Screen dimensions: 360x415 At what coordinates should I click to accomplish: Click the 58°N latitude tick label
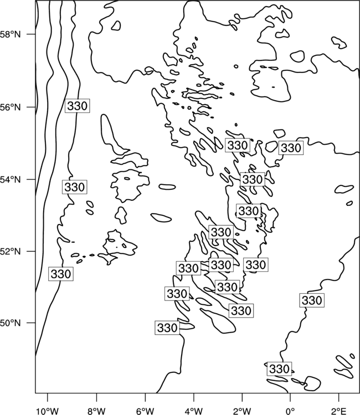pos(11,34)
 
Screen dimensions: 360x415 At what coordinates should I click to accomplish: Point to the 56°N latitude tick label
pos(11,107)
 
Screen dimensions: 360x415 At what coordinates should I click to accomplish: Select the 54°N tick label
pos(11,180)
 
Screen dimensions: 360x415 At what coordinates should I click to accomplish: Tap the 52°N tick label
pos(11,251)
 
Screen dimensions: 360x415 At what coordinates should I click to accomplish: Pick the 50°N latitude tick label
pos(11,323)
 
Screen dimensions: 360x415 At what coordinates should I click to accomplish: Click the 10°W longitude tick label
pos(48,411)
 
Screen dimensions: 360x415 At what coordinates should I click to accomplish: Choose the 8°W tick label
pos(96,411)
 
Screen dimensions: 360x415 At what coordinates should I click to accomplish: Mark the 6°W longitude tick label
pos(145,411)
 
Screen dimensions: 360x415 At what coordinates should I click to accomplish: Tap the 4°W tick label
pos(194,411)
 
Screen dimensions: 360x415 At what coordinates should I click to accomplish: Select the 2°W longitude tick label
pos(242,411)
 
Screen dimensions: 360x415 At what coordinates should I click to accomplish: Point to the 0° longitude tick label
pos(291,411)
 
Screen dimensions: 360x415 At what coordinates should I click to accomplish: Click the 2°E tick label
pos(339,411)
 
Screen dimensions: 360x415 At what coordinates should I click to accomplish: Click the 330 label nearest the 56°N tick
pos(78,106)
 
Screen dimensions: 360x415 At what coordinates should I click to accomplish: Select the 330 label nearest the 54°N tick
pos(75,187)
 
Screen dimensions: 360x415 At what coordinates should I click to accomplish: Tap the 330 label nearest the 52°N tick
pos(61,274)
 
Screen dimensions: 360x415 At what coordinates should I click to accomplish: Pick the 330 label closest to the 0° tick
pos(279,369)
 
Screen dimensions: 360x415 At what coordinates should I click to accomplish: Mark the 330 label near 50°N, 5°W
pos(167,328)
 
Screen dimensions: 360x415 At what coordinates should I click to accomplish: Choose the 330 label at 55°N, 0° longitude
pos(291,148)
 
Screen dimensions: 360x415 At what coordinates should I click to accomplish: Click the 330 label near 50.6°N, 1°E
pos(312,300)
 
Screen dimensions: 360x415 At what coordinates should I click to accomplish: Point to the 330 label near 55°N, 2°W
pos(238,145)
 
